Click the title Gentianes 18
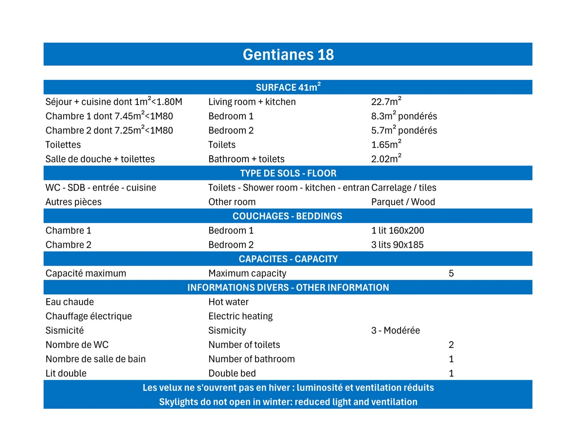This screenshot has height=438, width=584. (x=288, y=54)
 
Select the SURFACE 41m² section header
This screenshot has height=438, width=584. (x=288, y=88)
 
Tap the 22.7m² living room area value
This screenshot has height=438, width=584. (x=386, y=102)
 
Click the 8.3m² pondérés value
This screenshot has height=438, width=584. (x=404, y=116)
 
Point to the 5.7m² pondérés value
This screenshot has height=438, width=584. (x=404, y=130)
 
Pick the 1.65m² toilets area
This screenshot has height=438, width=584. (x=386, y=145)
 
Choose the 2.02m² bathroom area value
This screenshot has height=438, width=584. (x=386, y=159)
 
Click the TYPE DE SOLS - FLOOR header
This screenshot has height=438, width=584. (x=288, y=173)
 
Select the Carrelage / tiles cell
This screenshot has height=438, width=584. (x=404, y=187)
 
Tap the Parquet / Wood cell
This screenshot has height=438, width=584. (x=403, y=201)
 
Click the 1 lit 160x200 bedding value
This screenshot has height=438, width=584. (x=398, y=230)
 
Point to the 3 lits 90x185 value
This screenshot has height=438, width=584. (x=397, y=244)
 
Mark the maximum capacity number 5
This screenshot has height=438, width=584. (x=451, y=273)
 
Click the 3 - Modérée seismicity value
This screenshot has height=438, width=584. (x=395, y=330)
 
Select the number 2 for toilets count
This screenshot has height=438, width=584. (x=451, y=345)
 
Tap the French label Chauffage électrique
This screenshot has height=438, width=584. (x=89, y=316)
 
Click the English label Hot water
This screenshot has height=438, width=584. (x=228, y=302)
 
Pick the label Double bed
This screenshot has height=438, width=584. (x=232, y=373)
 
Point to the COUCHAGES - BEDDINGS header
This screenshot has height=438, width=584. (x=288, y=216)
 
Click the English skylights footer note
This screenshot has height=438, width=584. (x=288, y=402)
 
